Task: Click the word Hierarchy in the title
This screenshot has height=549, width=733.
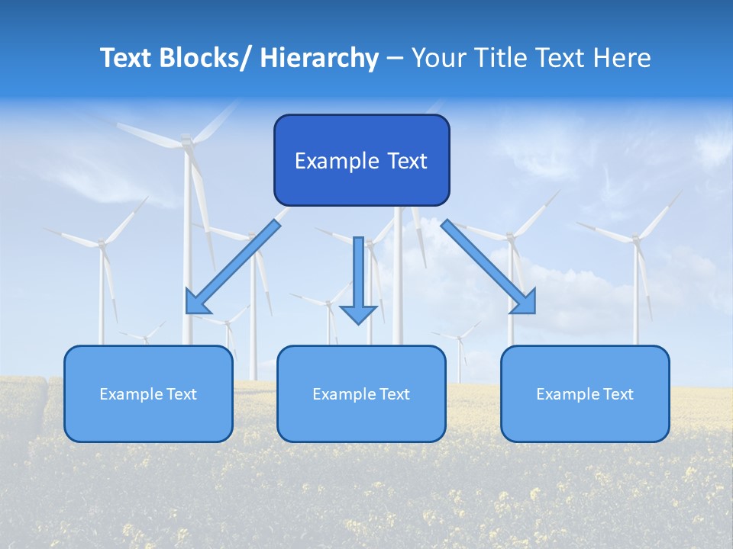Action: (319, 58)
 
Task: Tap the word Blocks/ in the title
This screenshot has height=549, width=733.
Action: (207, 58)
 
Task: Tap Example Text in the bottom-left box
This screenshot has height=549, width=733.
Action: (148, 394)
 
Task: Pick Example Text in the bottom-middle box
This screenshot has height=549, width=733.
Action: (361, 394)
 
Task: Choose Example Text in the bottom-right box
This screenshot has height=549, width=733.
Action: (585, 394)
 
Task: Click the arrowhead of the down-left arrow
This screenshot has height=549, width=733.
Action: (196, 303)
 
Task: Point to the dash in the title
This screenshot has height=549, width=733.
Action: (395, 59)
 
